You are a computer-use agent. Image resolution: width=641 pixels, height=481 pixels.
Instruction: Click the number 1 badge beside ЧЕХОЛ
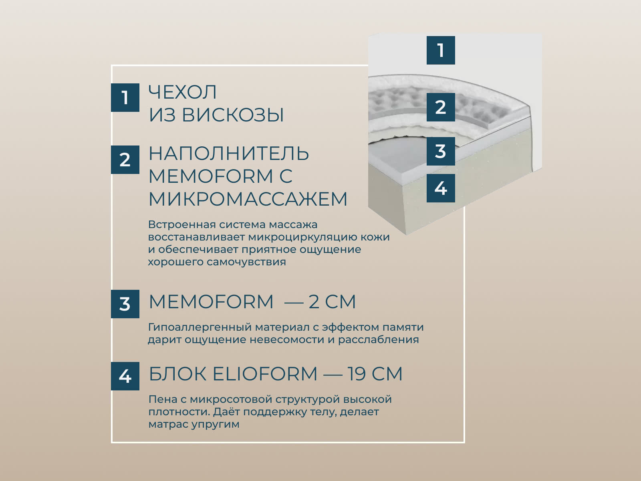[125, 97]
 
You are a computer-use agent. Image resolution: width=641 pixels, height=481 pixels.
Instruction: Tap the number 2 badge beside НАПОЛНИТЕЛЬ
[125, 160]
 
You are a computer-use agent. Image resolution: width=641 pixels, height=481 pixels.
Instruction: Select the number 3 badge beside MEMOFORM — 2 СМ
[125, 304]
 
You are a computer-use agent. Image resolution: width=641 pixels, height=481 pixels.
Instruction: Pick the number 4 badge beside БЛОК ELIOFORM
[125, 376]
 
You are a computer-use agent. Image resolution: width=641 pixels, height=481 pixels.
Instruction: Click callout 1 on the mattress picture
[441, 50]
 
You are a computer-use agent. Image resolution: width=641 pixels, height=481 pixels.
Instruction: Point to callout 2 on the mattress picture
[441, 107]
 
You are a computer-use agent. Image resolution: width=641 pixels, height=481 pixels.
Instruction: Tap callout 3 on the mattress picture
[441, 151]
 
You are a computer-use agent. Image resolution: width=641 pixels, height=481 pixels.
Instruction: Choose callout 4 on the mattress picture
[441, 188]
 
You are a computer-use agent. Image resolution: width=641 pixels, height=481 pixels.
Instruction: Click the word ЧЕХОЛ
[183, 92]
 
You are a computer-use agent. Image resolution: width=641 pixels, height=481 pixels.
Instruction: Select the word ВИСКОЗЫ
[233, 115]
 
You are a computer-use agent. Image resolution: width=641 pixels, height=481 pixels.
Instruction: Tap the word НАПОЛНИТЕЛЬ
[229, 154]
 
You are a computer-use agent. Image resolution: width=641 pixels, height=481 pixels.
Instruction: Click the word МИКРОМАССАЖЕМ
[248, 199]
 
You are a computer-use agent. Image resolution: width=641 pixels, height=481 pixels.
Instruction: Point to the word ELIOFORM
[265, 374]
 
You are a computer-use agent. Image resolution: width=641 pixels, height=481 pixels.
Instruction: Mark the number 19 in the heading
[356, 374]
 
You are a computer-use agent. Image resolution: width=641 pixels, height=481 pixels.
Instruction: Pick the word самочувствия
[246, 262]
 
